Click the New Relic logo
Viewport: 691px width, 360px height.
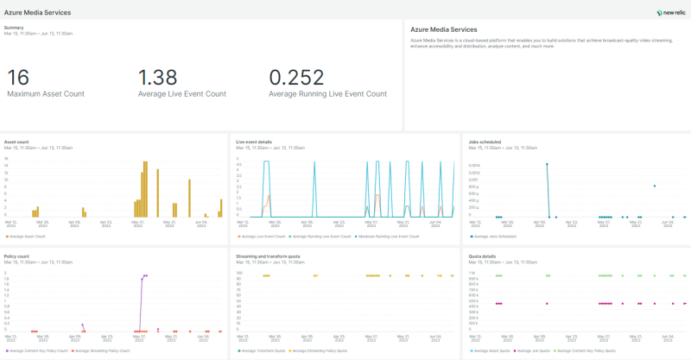point(671,12)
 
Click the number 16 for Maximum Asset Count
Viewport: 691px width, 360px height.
point(18,78)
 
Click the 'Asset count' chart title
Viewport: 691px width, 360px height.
point(16,142)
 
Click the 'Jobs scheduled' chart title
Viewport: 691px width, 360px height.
point(484,142)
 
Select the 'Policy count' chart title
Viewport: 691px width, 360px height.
point(17,256)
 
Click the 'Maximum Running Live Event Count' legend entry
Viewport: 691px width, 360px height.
point(388,236)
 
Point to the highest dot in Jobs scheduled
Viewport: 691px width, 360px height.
point(547,164)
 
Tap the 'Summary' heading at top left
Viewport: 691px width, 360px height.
point(14,28)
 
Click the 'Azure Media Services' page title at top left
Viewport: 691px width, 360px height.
point(38,13)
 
